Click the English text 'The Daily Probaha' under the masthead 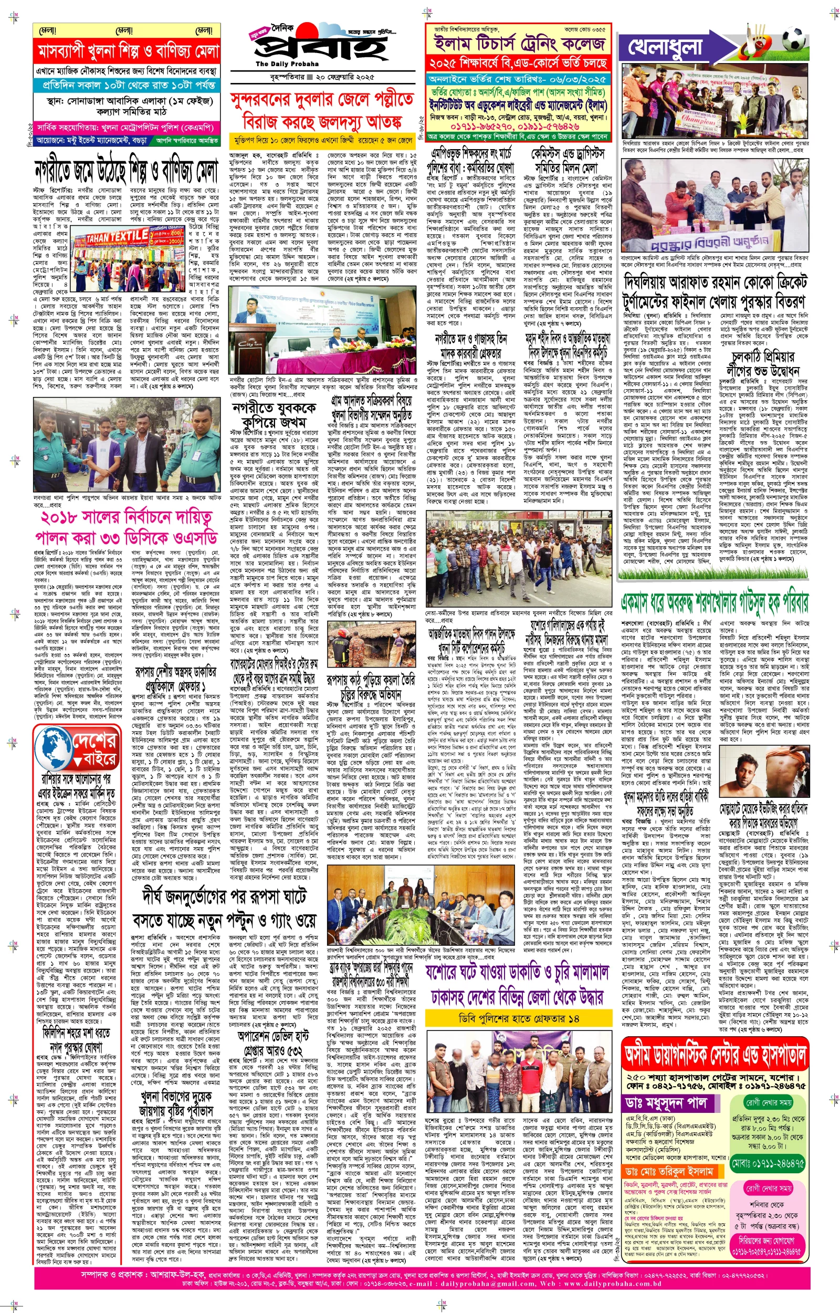[x=287, y=64]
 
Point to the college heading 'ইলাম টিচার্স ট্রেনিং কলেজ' [x=519, y=43]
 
